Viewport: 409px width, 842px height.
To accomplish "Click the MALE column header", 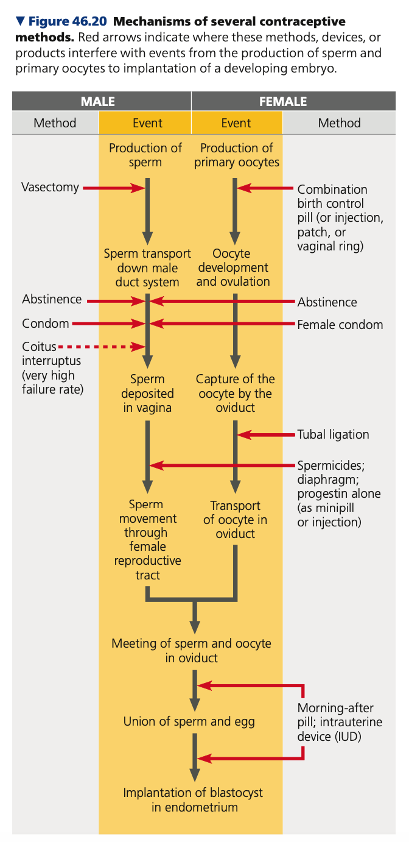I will point(98,102).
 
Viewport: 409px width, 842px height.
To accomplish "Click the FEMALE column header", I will point(283,102).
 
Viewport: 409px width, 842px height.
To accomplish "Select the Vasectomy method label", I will point(51,187).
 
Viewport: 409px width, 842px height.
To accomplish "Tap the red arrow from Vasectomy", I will point(113,188).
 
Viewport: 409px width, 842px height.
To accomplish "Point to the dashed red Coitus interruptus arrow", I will point(103,347).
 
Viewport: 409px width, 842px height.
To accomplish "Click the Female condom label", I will point(340,325).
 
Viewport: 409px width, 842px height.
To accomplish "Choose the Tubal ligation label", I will point(333,434).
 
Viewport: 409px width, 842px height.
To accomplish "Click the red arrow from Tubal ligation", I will point(268,434).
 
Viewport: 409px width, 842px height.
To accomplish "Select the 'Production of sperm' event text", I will point(145,155).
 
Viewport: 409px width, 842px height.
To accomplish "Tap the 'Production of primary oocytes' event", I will point(236,155).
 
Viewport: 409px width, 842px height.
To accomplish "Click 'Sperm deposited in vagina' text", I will point(148,393).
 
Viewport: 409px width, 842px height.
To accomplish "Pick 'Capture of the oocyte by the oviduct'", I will point(236,393).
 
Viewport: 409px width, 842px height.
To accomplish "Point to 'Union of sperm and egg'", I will point(189,722).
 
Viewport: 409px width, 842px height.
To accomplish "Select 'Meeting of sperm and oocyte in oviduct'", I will point(191,651).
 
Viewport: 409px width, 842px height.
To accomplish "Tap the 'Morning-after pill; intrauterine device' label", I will point(340,722).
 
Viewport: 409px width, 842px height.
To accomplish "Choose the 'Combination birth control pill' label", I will point(340,218).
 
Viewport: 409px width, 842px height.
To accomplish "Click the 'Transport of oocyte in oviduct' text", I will point(236,520).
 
